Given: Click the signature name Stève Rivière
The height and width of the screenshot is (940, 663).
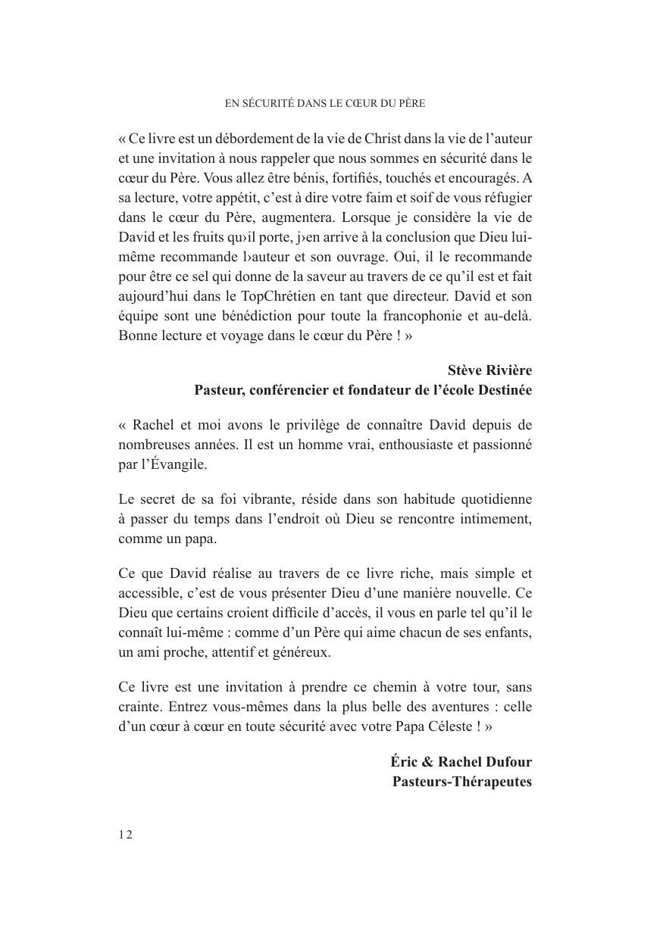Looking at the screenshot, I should tap(489, 370).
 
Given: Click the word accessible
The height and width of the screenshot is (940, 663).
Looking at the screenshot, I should tap(150, 593).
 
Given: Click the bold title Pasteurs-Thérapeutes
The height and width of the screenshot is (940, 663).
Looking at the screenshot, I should tap(461, 781).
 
